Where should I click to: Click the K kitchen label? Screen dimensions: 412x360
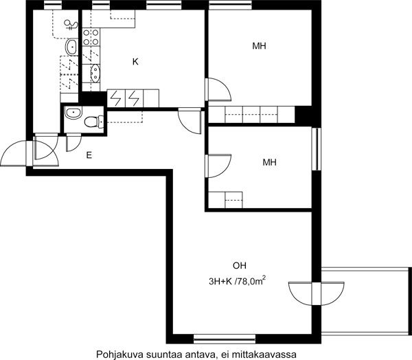pyautogui.click(x=135, y=62)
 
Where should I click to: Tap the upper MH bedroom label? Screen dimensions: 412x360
pyautogui.click(x=259, y=46)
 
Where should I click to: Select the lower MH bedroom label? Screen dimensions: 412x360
pyautogui.click(x=270, y=162)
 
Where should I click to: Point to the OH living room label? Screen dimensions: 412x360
pyautogui.click(x=240, y=266)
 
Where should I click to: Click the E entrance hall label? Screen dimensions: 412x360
pyautogui.click(x=89, y=155)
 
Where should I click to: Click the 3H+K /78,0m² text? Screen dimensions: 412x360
pyautogui.click(x=237, y=281)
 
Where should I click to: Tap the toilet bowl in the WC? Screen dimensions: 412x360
pyautogui.click(x=93, y=122)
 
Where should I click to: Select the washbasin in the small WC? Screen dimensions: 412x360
pyautogui.click(x=73, y=113)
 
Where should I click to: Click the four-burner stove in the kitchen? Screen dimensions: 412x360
pyautogui.click(x=91, y=37)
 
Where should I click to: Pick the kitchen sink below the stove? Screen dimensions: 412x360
pyautogui.click(x=95, y=73)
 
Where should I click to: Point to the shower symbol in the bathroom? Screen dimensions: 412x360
pyautogui.click(x=71, y=25)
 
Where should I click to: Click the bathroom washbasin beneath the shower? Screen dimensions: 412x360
pyautogui.click(x=71, y=47)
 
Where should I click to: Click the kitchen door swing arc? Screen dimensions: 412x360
pyautogui.click(x=190, y=121)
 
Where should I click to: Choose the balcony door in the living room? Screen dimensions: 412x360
pyautogui.click(x=317, y=294)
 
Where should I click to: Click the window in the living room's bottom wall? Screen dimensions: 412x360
pyautogui.click(x=225, y=339)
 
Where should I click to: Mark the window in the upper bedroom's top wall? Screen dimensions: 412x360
pyautogui.click(x=230, y=5)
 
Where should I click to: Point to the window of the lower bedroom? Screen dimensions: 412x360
pyautogui.click(x=317, y=149)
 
